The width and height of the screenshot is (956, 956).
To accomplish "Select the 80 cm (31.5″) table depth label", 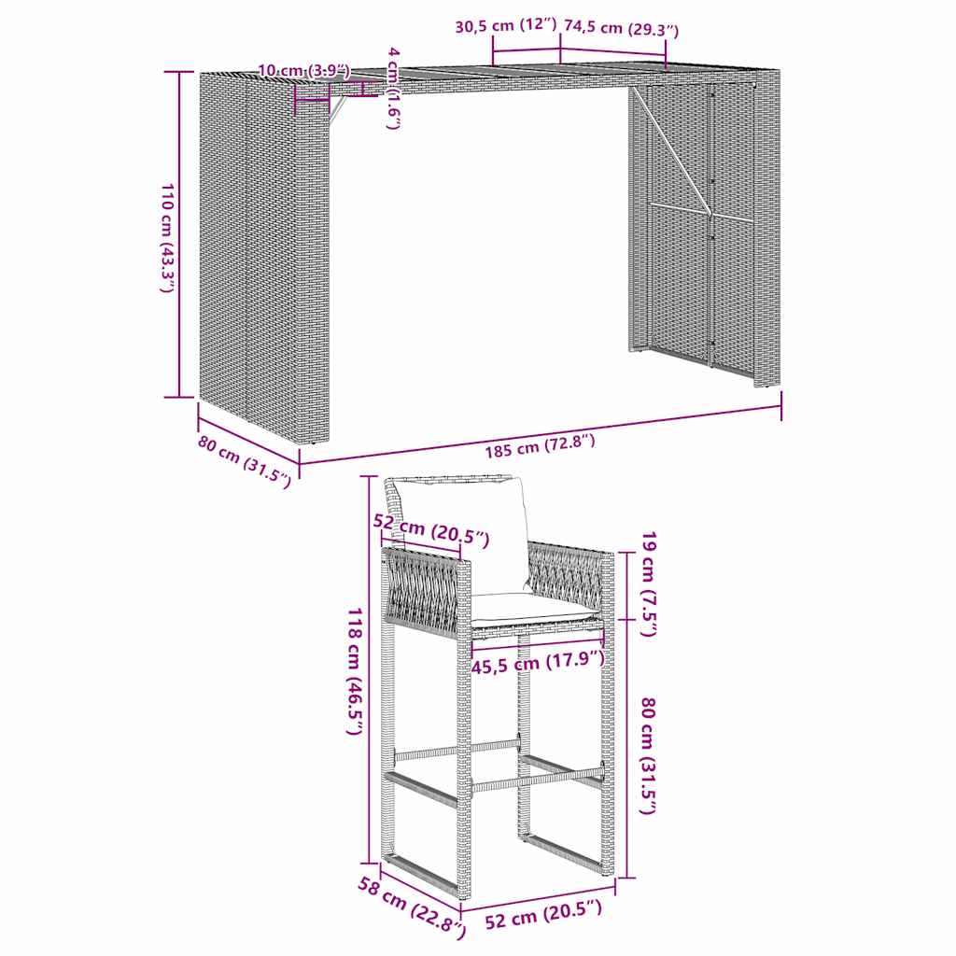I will point(244,460).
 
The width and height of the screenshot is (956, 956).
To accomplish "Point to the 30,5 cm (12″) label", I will point(505,26).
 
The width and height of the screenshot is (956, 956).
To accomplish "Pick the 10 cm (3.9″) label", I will point(302,70).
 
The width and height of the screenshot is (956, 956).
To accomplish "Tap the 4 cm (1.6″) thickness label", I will point(393,88).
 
